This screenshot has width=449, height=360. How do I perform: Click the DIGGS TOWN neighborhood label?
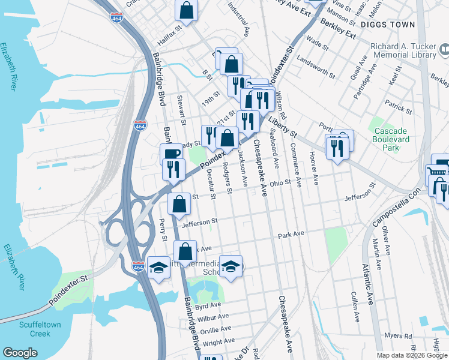click(388, 25)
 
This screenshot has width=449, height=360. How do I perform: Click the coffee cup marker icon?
click(171, 153)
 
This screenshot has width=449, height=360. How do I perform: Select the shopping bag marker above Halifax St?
click(187, 10)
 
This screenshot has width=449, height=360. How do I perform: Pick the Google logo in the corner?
click(20, 353)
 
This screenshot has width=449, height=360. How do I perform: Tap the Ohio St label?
click(280, 182)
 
